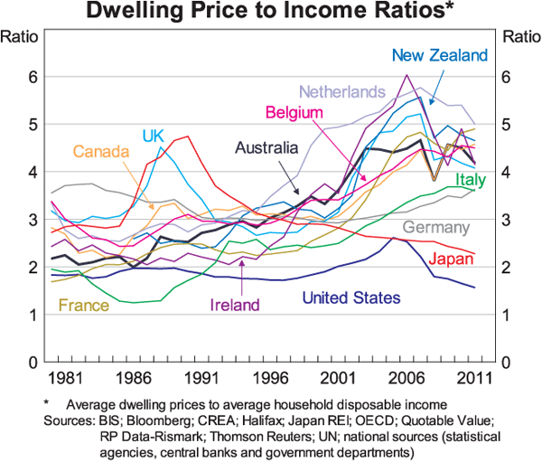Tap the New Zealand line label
[439, 55]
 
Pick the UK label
[153, 136]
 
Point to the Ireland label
[235, 305]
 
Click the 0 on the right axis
[509, 363]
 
